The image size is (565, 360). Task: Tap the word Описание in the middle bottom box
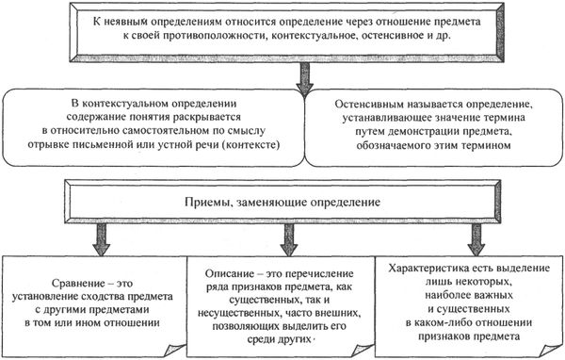233,270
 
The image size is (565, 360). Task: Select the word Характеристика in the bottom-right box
430,267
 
